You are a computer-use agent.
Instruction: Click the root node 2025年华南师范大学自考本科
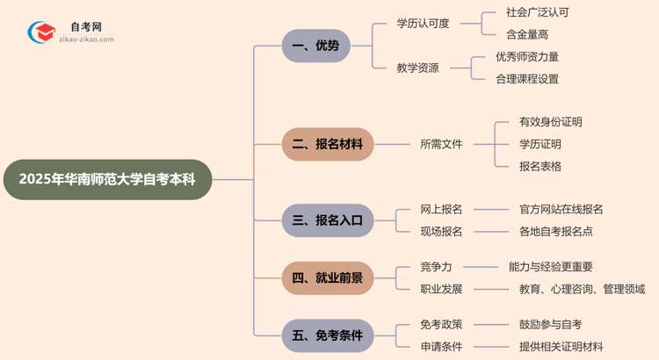point(107,179)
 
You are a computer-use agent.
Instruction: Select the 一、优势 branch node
point(315,46)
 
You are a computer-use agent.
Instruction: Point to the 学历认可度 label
point(423,24)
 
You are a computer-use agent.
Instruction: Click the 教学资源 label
point(417,68)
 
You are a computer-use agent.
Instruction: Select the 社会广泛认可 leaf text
point(538,13)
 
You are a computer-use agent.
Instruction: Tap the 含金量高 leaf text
point(527,35)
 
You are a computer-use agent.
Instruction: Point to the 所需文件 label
point(441,144)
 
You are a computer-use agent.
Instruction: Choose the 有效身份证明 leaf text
point(551,122)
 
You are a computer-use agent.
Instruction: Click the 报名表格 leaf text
point(540,166)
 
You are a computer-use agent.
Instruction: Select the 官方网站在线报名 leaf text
point(561,210)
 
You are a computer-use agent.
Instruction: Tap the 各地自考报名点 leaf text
point(556,232)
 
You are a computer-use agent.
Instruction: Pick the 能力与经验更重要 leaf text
point(550,267)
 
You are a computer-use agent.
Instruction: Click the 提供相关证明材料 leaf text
point(561,347)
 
